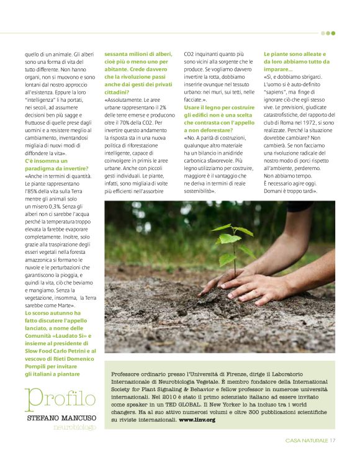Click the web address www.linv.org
point(197,420)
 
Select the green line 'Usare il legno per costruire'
point(218,107)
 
